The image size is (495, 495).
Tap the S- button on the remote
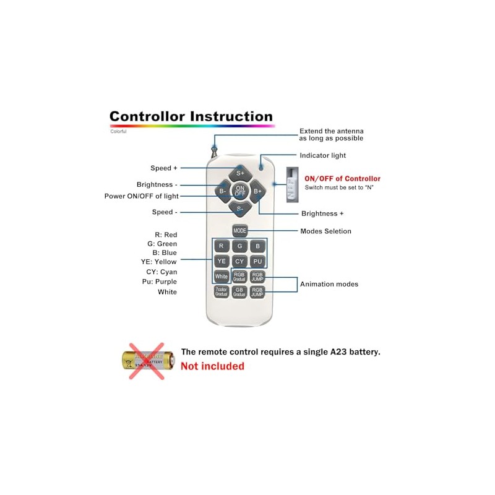pos(240,209)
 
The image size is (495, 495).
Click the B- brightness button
pos(223,191)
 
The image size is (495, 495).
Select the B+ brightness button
pos(257,191)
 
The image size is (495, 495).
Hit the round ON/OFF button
pos(240,191)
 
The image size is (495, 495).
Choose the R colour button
pos(222,246)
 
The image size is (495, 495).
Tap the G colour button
pos(240,246)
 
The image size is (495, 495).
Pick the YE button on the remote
pos(222,261)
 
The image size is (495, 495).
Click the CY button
pos(240,261)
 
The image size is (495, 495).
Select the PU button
pos(258,261)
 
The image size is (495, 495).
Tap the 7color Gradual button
pos(222,291)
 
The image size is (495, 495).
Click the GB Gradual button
pos(240,291)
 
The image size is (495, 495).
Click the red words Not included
pos(212,366)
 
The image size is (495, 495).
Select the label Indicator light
pos(322,155)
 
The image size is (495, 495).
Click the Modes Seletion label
pos(325,231)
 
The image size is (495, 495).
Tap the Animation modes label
pos(329,285)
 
